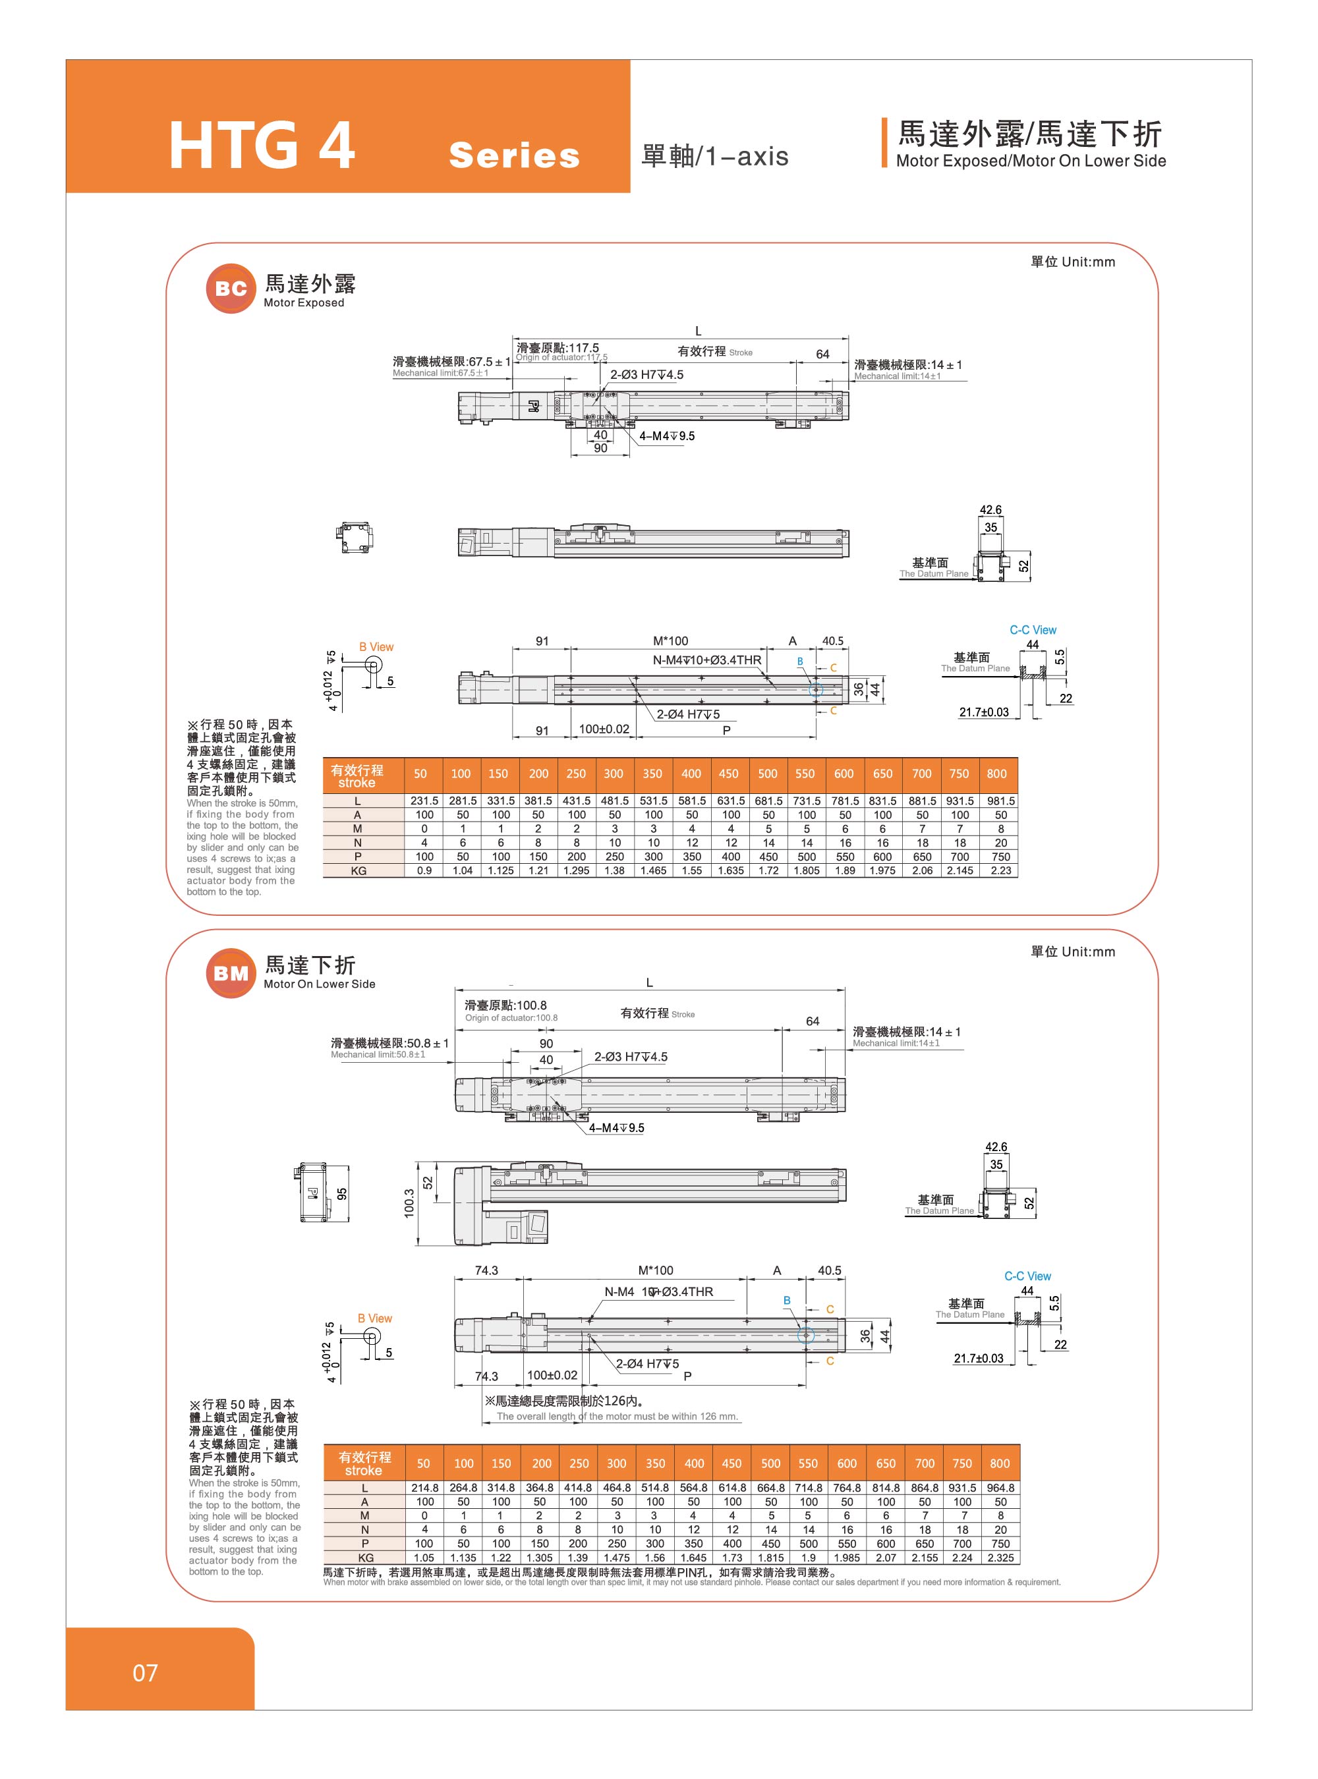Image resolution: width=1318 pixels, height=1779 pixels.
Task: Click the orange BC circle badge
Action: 231,288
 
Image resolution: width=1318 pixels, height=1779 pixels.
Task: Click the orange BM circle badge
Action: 231,973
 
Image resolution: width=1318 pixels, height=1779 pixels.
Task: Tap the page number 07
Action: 145,1672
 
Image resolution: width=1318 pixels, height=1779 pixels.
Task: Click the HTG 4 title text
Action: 262,146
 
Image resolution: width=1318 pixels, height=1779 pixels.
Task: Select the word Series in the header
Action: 514,155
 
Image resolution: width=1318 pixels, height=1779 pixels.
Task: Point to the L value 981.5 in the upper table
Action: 1000,801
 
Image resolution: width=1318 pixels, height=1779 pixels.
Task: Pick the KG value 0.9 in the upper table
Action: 424,870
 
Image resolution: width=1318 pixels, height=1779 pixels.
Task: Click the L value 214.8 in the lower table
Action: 424,1488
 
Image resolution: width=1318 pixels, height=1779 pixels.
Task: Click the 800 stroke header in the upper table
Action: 996,774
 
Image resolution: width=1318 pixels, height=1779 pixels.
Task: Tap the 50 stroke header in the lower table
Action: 424,1463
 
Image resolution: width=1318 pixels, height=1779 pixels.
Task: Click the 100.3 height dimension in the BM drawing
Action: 409,1204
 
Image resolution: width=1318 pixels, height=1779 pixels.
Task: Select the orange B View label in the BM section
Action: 374,1318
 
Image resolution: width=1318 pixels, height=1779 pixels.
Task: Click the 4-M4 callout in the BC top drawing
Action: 666,436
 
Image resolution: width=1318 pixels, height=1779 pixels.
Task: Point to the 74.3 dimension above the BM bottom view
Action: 486,1270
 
